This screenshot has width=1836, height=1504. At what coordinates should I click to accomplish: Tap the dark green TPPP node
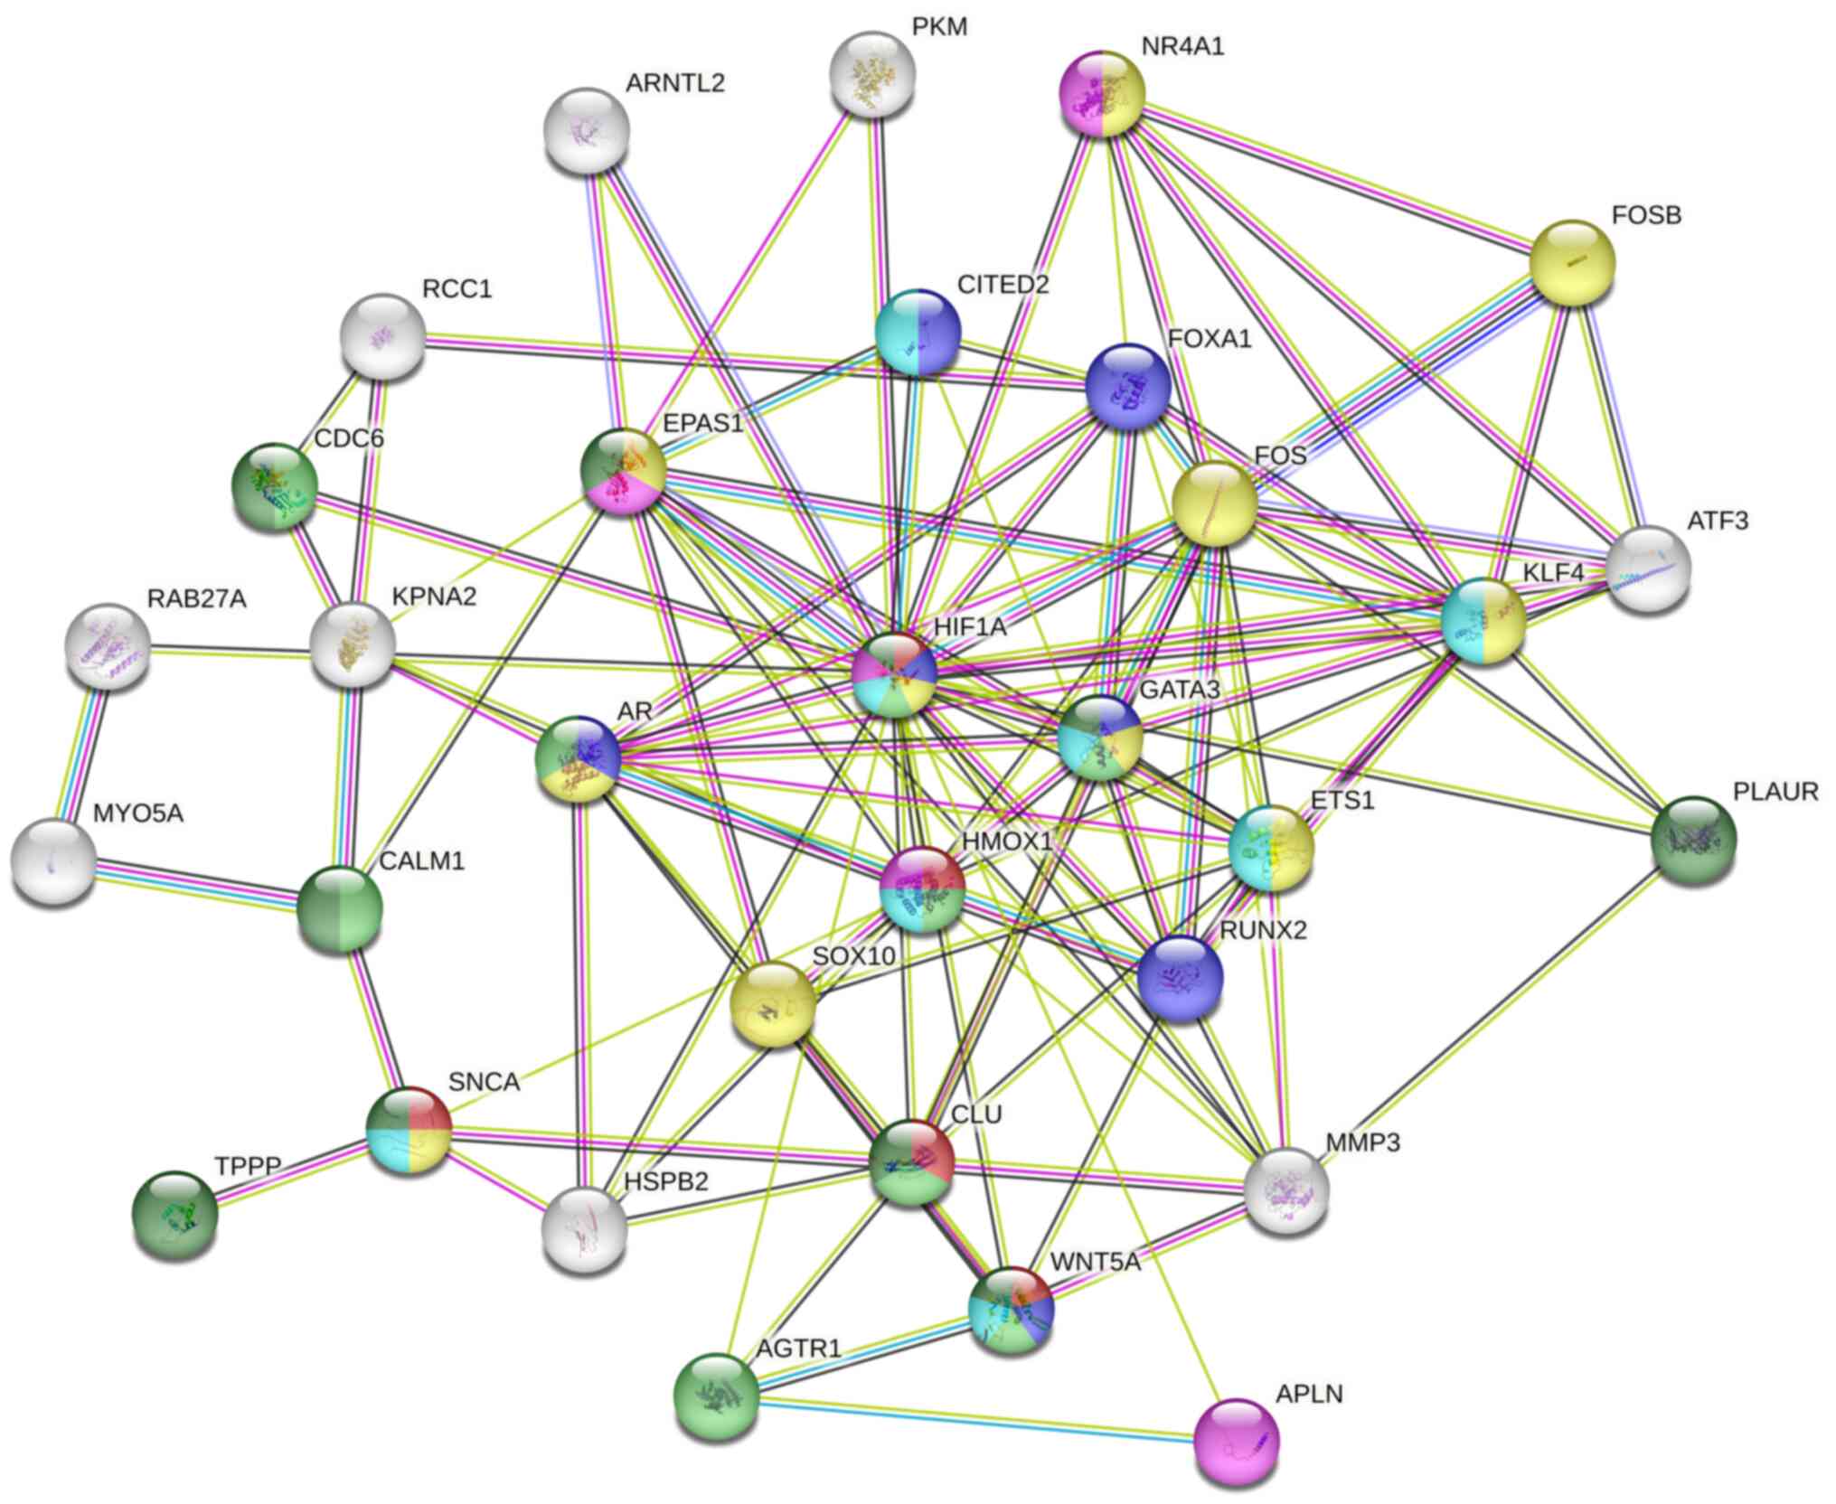click(x=175, y=1212)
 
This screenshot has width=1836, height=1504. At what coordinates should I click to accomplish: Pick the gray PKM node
click(x=872, y=74)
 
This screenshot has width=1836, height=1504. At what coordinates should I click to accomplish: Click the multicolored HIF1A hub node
click(x=895, y=674)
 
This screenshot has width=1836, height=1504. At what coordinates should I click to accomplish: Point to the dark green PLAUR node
click(x=1693, y=840)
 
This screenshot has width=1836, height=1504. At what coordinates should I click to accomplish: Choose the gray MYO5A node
click(x=53, y=860)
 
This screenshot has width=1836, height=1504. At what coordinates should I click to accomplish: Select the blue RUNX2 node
click(x=1180, y=978)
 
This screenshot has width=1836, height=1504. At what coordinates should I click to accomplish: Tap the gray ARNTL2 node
click(x=588, y=131)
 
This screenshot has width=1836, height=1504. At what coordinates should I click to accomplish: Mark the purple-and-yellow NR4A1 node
click(x=1102, y=94)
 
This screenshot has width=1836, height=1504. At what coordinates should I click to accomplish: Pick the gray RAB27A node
click(x=108, y=645)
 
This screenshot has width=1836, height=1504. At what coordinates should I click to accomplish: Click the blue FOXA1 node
click(x=1128, y=385)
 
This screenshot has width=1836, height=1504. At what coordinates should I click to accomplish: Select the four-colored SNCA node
click(x=409, y=1130)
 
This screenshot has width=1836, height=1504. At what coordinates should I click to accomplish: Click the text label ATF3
click(x=1718, y=521)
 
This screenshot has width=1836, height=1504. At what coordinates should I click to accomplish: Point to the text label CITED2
click(x=1003, y=285)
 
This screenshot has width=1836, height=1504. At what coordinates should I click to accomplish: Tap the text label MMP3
click(x=1362, y=1142)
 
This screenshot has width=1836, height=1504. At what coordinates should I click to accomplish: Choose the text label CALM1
click(x=421, y=860)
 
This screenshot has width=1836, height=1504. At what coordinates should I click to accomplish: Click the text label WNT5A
click(x=1095, y=1262)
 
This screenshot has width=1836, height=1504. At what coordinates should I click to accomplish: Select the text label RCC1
click(x=457, y=289)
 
